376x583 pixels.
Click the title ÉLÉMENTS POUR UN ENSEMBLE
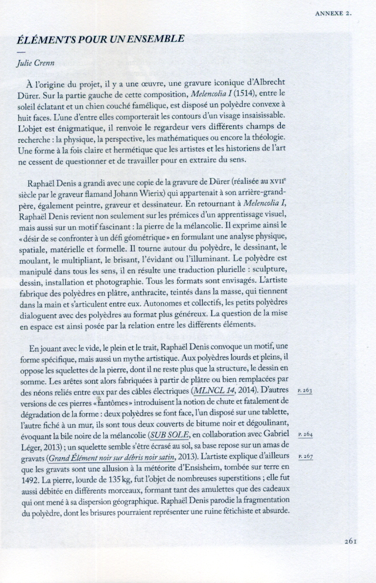pyautogui.click(x=102, y=39)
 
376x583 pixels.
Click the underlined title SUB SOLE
pyautogui.click(x=169, y=434)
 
